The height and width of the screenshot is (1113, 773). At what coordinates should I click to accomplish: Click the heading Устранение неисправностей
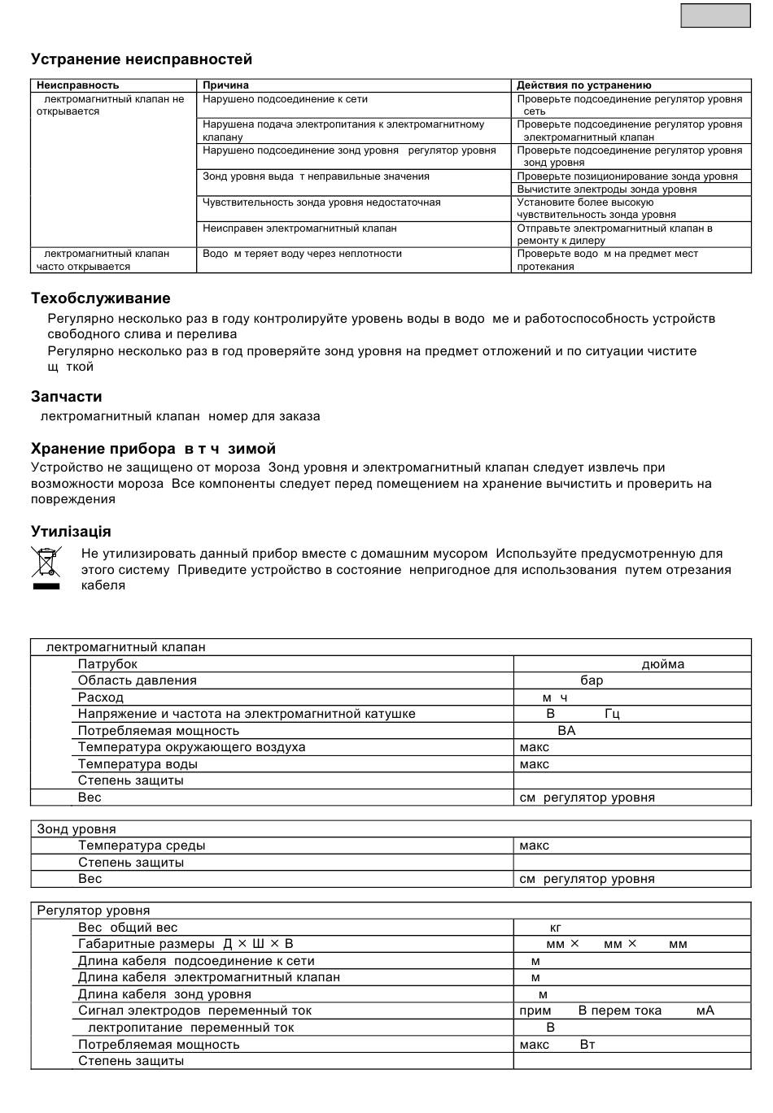click(142, 59)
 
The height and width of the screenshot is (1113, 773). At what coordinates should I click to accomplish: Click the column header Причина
click(225, 85)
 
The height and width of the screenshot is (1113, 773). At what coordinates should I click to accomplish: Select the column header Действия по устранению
click(583, 85)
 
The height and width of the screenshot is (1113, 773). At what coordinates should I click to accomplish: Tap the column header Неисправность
click(77, 85)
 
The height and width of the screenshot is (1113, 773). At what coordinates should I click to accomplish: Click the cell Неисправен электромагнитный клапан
click(299, 228)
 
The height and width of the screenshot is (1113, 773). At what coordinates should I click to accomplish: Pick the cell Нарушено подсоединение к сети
click(285, 99)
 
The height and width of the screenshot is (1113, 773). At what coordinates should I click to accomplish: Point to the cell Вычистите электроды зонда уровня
click(606, 189)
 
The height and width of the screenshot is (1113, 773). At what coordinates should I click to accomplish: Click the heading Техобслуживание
click(100, 298)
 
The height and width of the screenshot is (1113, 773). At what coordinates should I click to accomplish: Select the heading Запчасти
click(66, 397)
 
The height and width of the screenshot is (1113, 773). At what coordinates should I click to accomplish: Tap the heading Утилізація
click(71, 532)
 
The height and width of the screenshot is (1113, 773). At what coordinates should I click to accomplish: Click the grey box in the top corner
click(715, 15)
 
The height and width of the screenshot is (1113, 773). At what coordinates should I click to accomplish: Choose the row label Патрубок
click(107, 664)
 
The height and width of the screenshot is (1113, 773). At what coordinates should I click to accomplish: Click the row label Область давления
click(137, 680)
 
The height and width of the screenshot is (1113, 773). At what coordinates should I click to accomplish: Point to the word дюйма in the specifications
click(662, 664)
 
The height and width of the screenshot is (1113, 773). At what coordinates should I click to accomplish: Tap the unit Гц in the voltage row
click(612, 714)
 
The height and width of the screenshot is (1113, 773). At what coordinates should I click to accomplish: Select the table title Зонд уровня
click(76, 829)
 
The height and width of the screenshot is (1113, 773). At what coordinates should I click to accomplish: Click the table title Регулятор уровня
click(93, 911)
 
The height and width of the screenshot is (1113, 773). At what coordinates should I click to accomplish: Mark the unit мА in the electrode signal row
click(705, 1011)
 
